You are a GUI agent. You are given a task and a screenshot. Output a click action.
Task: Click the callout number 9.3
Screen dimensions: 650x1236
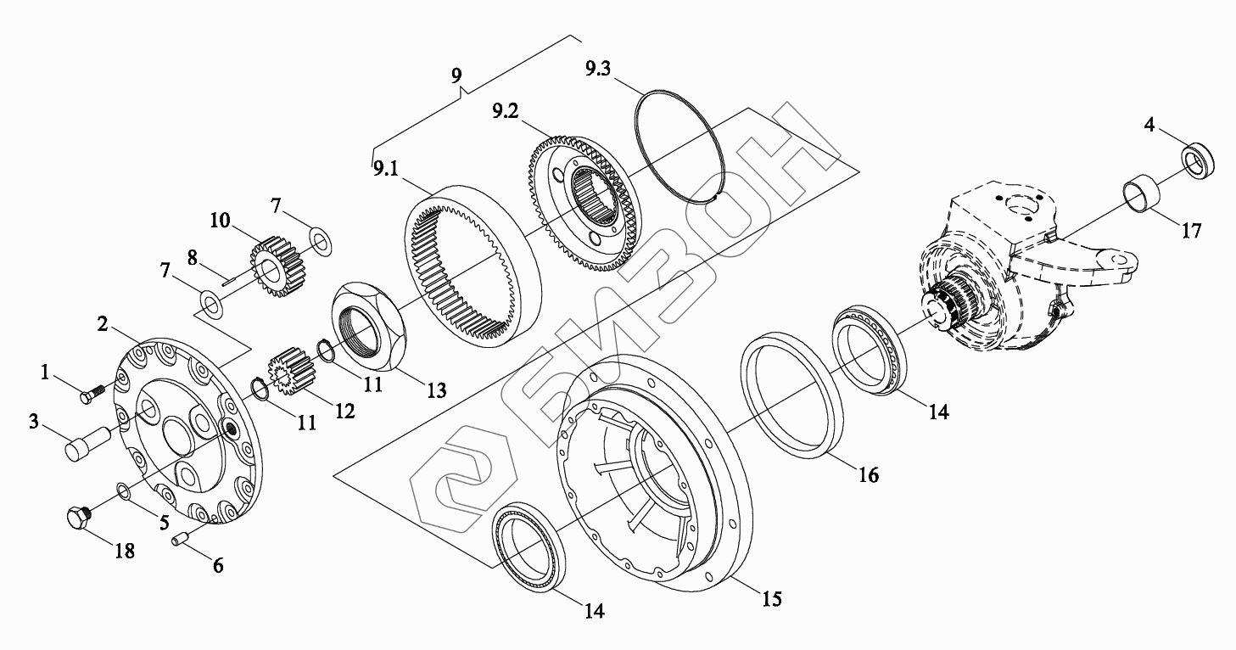point(597,69)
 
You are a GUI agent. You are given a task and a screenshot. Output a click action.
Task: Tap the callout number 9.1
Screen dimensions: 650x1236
point(385,168)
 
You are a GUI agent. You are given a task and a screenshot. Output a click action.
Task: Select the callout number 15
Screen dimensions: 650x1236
point(770,599)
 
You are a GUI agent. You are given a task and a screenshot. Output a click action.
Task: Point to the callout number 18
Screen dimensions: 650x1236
point(124,551)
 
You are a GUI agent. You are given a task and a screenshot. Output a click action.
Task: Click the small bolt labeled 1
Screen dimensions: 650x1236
point(91,394)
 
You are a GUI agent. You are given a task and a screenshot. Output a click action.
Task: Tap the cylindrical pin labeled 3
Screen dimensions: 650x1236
point(84,443)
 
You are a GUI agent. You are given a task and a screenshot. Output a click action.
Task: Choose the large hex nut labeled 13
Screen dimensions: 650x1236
point(370,328)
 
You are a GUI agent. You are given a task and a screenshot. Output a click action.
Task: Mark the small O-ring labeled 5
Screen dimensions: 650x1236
point(124,490)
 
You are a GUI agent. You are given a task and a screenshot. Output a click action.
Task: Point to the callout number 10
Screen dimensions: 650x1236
point(220,221)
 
